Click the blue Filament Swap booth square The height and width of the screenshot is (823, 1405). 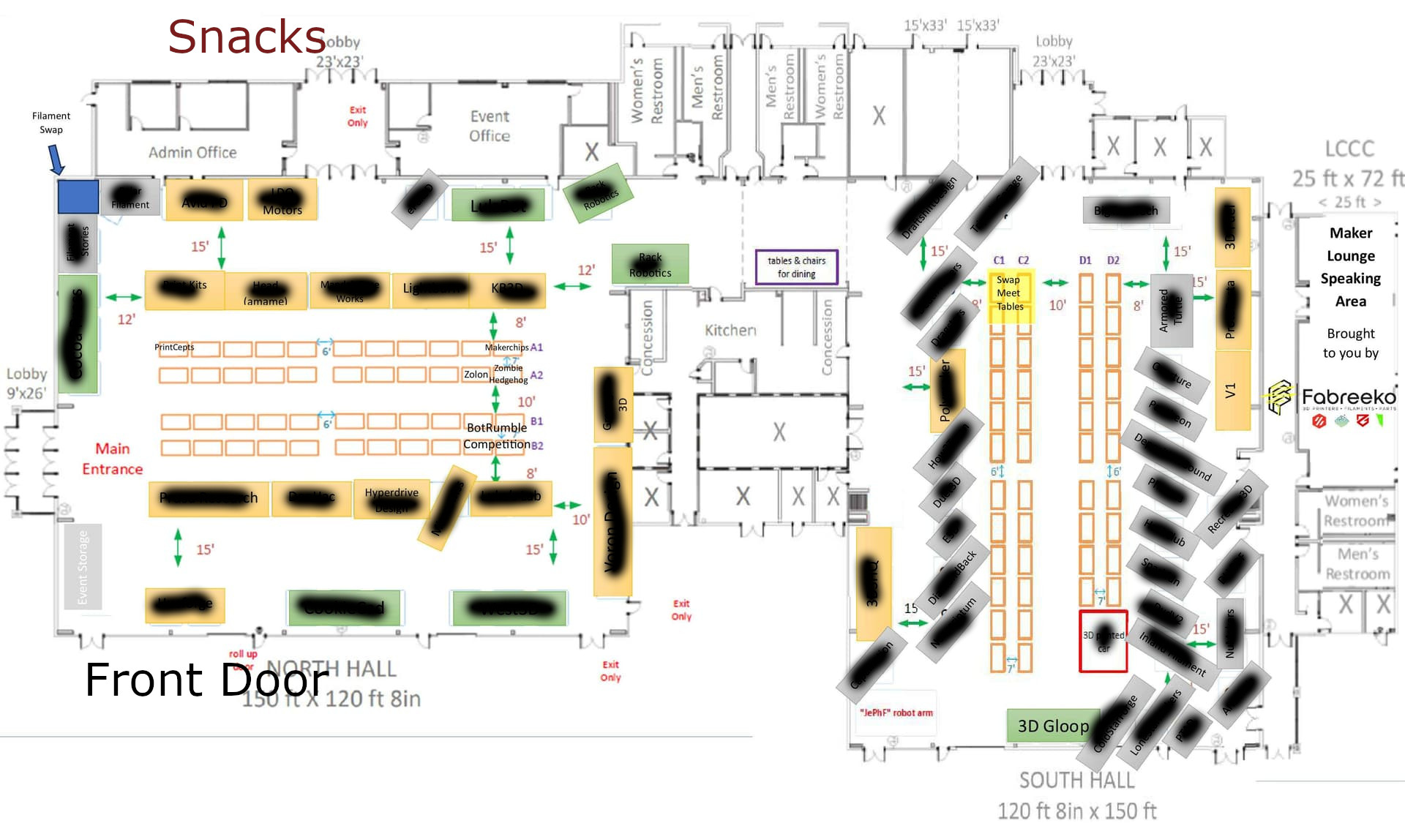coord(78,197)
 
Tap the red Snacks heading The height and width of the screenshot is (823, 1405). coord(247,37)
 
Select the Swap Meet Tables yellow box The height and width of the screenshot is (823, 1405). coord(1010,293)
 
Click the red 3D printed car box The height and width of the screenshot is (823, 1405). coord(1103,642)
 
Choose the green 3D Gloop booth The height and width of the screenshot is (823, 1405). coord(1052,726)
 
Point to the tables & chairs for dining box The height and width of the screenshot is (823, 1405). coord(796,267)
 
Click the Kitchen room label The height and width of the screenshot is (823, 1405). coord(730,331)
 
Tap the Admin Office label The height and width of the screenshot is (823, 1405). coord(192,152)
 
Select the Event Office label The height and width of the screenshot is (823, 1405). coord(490,126)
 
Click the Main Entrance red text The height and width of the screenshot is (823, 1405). coord(112,459)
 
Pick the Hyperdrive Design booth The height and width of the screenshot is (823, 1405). coord(391,499)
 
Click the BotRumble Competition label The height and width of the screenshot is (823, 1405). coord(497,436)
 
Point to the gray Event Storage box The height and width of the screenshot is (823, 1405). coord(83,567)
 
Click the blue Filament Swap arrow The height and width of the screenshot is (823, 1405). coord(56,159)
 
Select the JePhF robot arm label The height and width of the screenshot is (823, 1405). coord(896,713)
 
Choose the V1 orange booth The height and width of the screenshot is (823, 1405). coord(1232,391)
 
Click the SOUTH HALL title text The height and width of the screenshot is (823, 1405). coord(1076,781)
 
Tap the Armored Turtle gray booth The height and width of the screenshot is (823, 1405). coord(1171,310)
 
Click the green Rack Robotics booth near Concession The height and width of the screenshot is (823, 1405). coord(650,265)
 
